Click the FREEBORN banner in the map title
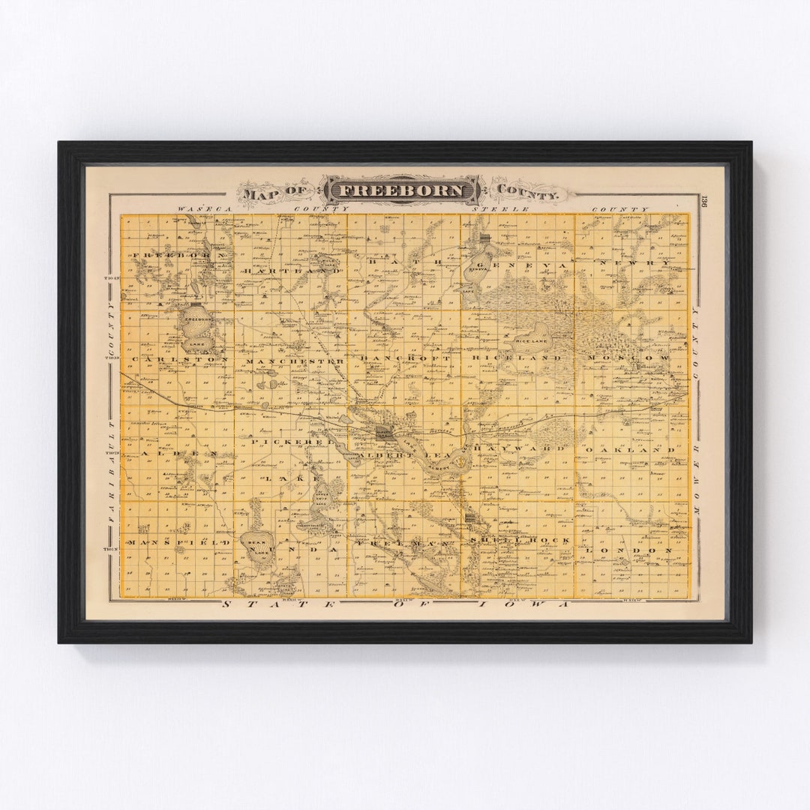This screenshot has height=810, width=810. pos(401,190)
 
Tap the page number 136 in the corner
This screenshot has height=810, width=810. pos(703,202)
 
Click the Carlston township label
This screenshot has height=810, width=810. pos(180,360)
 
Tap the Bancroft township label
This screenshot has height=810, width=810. pos(406,359)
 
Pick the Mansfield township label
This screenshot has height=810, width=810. pos(178,541)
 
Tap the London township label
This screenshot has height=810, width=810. pos(628,550)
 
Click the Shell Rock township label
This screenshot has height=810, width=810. pos(519,540)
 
